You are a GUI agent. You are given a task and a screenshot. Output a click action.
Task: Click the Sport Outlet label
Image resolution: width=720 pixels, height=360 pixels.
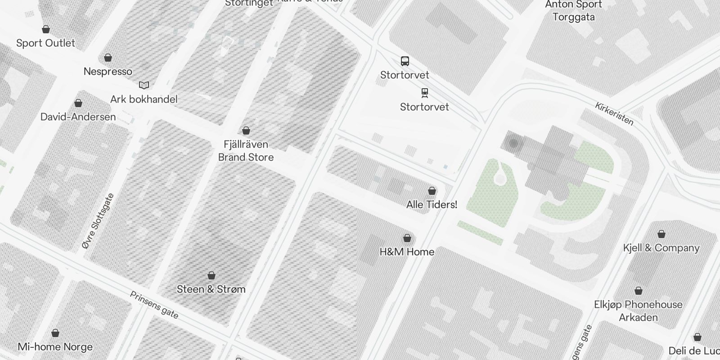coord(45,43)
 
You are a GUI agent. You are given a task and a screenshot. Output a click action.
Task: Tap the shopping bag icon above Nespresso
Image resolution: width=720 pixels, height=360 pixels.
coord(108,58)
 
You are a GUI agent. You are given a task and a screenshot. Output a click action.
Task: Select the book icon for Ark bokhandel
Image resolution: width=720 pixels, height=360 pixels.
coord(144,85)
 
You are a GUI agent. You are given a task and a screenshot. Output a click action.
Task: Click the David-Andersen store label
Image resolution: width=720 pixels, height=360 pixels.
coord(78,117)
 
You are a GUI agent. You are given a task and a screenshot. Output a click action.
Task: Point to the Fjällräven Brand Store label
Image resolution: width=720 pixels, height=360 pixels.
coord(246,151)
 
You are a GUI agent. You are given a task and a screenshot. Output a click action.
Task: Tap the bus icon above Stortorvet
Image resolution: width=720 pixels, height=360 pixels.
coord(405,61)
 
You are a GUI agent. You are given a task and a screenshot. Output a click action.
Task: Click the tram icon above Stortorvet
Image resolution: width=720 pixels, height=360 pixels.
coord(424,93)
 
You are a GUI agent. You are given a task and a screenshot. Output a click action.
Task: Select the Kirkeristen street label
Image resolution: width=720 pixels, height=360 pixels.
coord(614,114)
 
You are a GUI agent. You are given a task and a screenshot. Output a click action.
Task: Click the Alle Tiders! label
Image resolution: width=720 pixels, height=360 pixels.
coord(432,205)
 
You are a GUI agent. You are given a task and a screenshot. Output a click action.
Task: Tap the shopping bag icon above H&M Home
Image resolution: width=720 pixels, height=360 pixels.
coord(407,238)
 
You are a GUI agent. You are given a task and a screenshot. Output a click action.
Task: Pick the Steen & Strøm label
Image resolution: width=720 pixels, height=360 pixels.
coord(211,289)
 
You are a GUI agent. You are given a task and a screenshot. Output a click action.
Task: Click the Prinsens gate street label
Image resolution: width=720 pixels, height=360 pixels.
coord(154,305)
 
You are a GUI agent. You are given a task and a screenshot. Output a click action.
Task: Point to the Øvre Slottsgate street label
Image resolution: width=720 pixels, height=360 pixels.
coord(98,221)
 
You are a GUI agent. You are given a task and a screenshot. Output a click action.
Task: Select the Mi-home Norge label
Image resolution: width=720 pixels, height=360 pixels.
coord(55,347)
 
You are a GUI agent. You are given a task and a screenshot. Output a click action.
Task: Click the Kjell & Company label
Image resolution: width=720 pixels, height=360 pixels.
coord(661,248)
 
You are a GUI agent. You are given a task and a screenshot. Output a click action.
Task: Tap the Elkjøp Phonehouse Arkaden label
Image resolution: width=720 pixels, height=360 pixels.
coord(638,311)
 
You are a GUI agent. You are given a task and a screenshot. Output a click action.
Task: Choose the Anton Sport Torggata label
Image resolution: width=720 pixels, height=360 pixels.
coord(573,11)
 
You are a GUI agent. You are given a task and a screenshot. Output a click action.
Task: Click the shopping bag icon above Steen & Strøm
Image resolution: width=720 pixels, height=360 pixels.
coord(211,275)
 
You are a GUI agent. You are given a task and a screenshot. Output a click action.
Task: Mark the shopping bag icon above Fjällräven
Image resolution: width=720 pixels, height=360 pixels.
coord(246,130)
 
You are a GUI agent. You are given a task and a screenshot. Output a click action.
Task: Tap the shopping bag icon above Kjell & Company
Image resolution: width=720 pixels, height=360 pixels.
coord(661,234)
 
